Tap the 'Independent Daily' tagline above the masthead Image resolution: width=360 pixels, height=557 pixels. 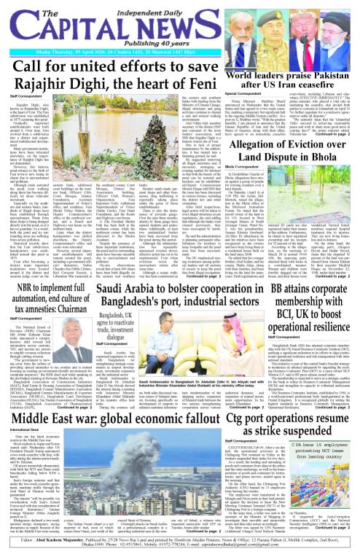click(181, 7)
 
